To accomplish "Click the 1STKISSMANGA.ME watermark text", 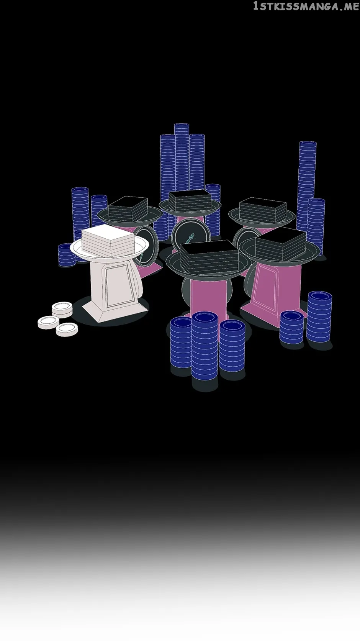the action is click(306, 6).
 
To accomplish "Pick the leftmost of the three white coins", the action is click(48, 322).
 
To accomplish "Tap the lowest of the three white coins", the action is click(67, 329).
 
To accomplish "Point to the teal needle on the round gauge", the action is click(190, 238).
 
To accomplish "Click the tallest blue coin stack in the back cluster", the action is click(182, 157).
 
